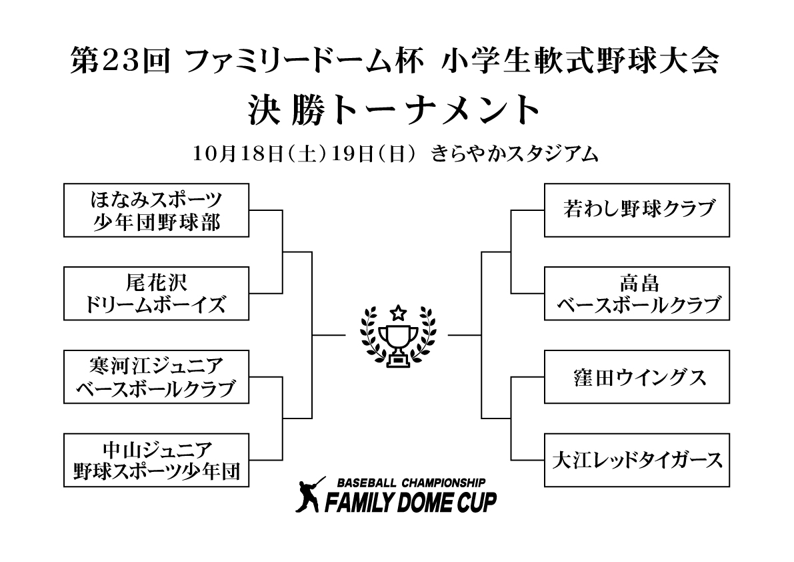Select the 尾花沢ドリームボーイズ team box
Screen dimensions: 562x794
156,293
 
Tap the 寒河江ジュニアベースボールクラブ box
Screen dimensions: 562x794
156,376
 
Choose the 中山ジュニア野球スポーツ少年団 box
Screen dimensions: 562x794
156,460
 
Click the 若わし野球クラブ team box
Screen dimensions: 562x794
638,210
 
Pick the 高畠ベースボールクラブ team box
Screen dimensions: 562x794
638,293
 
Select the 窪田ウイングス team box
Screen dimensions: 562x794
638,376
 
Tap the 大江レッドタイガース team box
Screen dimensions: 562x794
638,460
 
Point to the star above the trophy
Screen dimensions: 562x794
398,311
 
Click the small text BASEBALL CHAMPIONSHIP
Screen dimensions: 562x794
411,482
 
